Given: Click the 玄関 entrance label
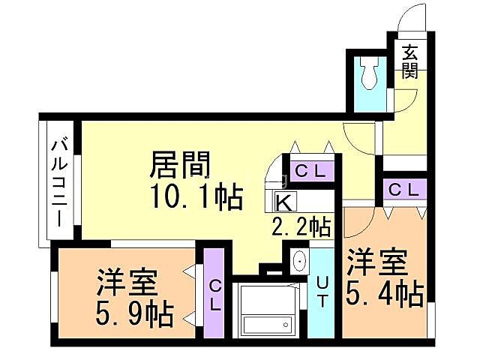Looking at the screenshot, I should (409, 61).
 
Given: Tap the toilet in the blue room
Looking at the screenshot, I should (368, 72).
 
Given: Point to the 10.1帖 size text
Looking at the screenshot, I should (197, 197).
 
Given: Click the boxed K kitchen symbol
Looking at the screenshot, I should (284, 202).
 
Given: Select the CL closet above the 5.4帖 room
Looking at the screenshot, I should (403, 190).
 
